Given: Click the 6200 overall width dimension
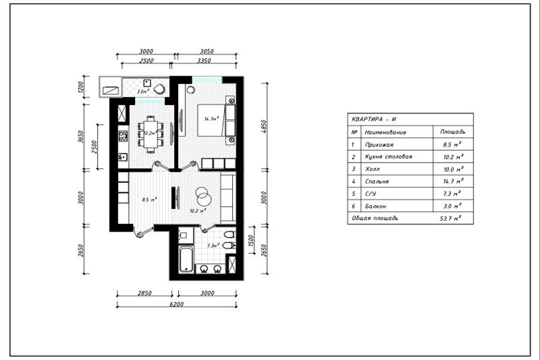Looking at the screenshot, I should [x=176, y=304].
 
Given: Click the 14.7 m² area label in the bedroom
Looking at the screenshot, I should [x=211, y=119].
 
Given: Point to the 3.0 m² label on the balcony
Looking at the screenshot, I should [x=143, y=92].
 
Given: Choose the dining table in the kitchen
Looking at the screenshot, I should [x=150, y=133].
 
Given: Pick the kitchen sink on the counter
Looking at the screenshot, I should [x=122, y=158].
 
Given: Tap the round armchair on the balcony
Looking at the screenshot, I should [x=160, y=89].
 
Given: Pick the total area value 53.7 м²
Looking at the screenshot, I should [x=450, y=218].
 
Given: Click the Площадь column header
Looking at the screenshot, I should [x=452, y=132].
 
